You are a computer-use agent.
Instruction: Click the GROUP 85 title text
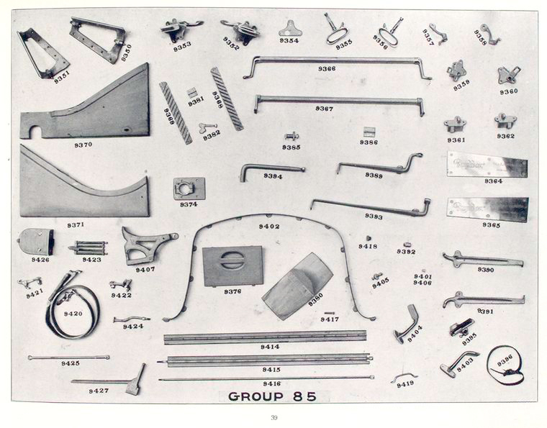[x=272, y=396]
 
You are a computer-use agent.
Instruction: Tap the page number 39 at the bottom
[x=273, y=418]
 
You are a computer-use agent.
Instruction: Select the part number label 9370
[x=83, y=145]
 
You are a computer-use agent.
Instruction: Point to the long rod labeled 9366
[x=336, y=60]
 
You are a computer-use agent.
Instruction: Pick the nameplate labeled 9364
[x=487, y=165]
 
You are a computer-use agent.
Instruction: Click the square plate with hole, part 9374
[x=189, y=189]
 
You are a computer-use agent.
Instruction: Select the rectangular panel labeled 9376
[x=232, y=265]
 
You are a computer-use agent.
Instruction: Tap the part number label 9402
[x=269, y=227]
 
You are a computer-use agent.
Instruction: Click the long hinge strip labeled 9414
[x=265, y=336]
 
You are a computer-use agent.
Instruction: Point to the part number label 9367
[x=324, y=109]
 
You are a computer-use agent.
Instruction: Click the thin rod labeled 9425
[x=69, y=357]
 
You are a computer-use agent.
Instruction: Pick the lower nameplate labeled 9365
[x=487, y=209]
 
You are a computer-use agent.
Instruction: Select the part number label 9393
[x=374, y=216]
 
